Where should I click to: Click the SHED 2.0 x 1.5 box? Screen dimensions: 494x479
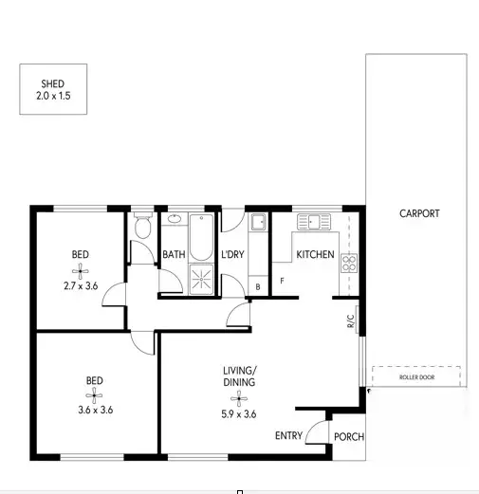click(x=53, y=89)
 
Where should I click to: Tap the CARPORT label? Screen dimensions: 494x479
click(x=418, y=213)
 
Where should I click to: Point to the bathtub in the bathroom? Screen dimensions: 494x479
click(x=199, y=238)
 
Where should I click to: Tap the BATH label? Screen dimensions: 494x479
click(x=174, y=254)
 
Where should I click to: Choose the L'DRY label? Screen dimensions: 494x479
click(x=233, y=254)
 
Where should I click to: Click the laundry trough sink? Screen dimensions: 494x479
click(x=257, y=225)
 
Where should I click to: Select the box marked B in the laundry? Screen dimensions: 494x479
click(x=258, y=285)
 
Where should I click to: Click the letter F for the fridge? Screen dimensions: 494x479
click(x=282, y=280)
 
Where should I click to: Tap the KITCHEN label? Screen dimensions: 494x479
click(x=315, y=254)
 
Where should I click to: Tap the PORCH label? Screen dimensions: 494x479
click(x=348, y=437)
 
